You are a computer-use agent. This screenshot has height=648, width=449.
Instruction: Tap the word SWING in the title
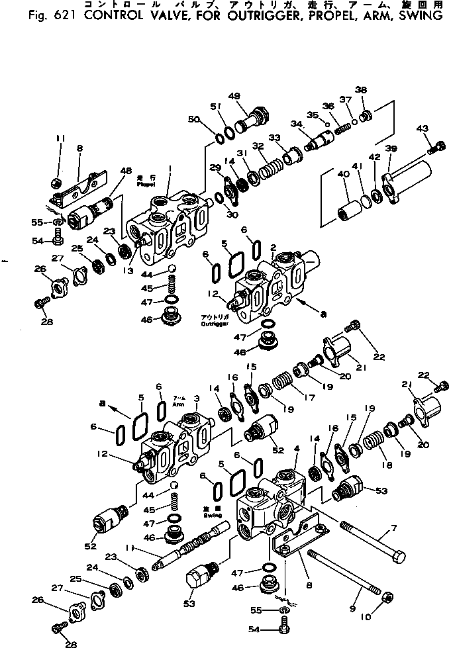tap(414, 15)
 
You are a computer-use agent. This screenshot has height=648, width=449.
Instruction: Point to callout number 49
tap(235, 95)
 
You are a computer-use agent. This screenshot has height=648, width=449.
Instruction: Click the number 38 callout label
tap(360, 91)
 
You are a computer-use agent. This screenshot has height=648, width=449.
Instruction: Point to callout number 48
tap(126, 170)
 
